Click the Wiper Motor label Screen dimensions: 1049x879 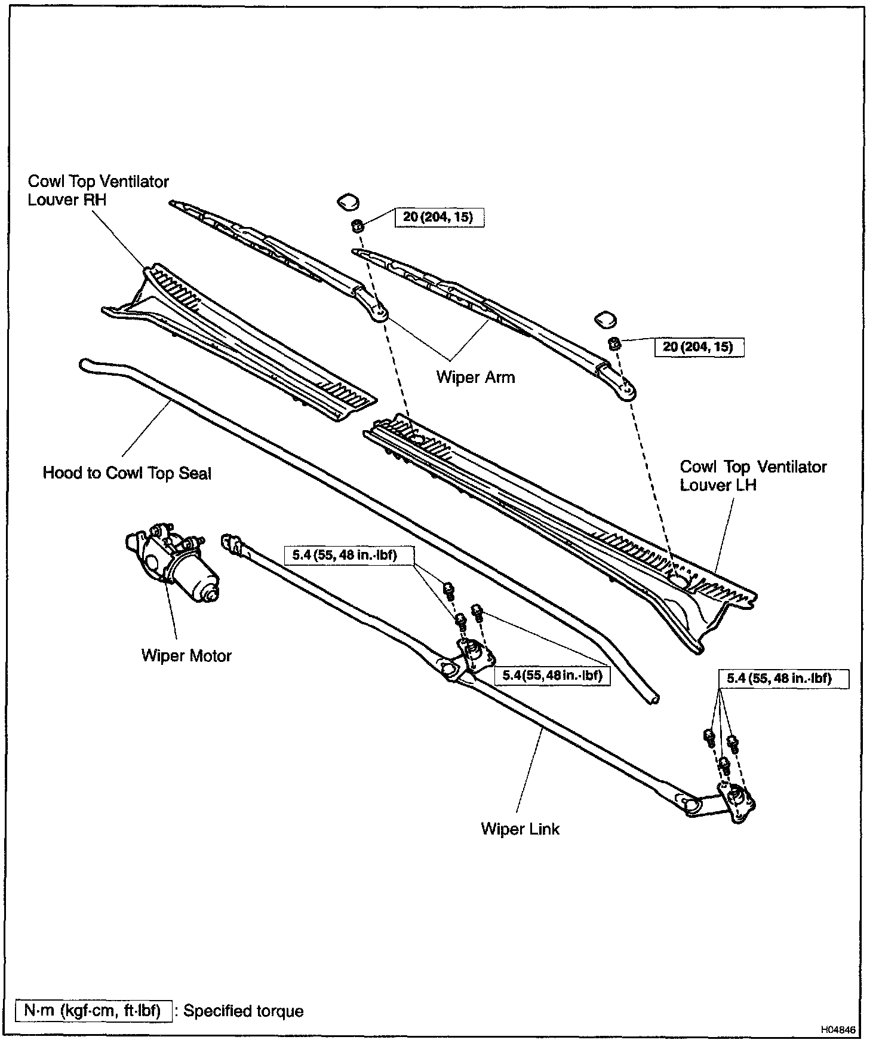coord(186,656)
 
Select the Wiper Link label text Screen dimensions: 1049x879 coord(520,829)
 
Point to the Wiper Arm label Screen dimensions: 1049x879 coord(475,378)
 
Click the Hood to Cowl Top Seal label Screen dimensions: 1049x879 coord(127,474)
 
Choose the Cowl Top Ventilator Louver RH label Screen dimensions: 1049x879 coord(99,191)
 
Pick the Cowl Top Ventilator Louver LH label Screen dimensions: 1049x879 coord(753,476)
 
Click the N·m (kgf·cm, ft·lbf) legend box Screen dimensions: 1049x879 coord(93,1011)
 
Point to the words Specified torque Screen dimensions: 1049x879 coord(243,1011)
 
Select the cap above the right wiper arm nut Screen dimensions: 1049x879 coord(604,320)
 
